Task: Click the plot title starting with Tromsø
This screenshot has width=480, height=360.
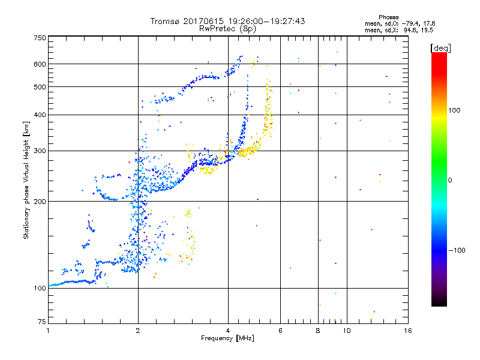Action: point(228,21)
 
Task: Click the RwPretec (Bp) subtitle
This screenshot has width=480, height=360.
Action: point(228,28)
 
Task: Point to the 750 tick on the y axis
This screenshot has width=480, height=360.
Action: point(40,38)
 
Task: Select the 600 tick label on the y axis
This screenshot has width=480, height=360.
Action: point(40,64)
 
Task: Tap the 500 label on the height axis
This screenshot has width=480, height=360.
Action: point(40,87)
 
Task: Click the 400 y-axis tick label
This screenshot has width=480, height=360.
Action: point(40,115)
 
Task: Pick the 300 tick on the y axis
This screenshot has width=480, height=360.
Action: point(40,151)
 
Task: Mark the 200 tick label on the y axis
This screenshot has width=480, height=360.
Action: point(40,201)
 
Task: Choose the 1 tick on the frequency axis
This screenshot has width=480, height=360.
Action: point(48,331)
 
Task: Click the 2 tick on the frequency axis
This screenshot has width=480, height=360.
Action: point(138,331)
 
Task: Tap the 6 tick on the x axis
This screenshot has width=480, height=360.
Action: point(280,331)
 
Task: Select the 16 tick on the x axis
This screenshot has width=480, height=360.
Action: point(407,331)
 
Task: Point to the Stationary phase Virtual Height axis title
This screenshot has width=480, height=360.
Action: point(26,179)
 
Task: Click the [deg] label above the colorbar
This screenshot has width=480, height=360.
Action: point(440,47)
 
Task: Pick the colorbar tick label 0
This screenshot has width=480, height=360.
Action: point(451,181)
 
